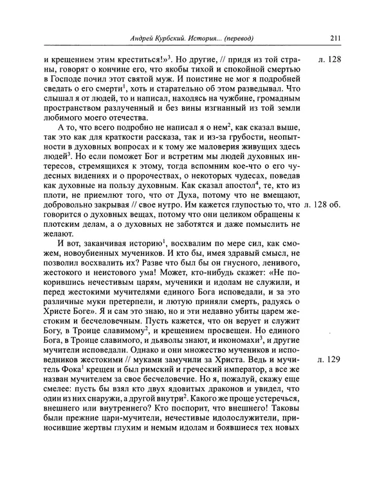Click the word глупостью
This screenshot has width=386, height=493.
(257, 205)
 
